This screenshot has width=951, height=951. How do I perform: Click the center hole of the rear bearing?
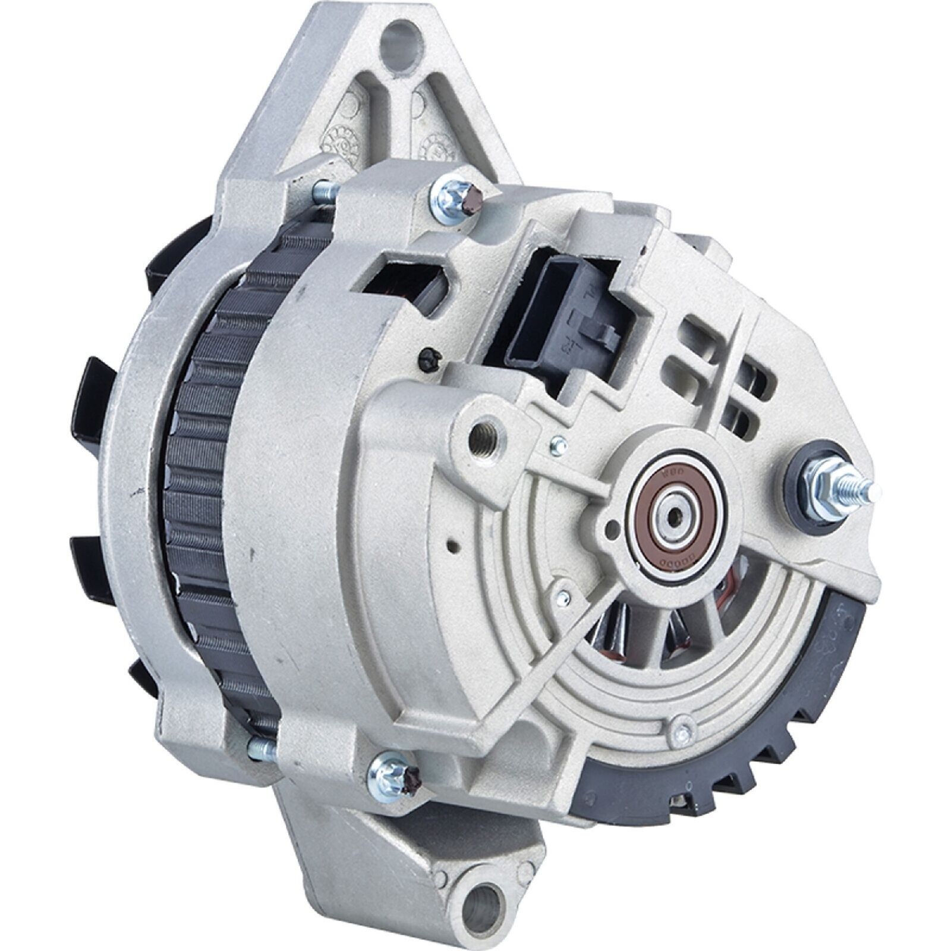pos(675,515)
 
